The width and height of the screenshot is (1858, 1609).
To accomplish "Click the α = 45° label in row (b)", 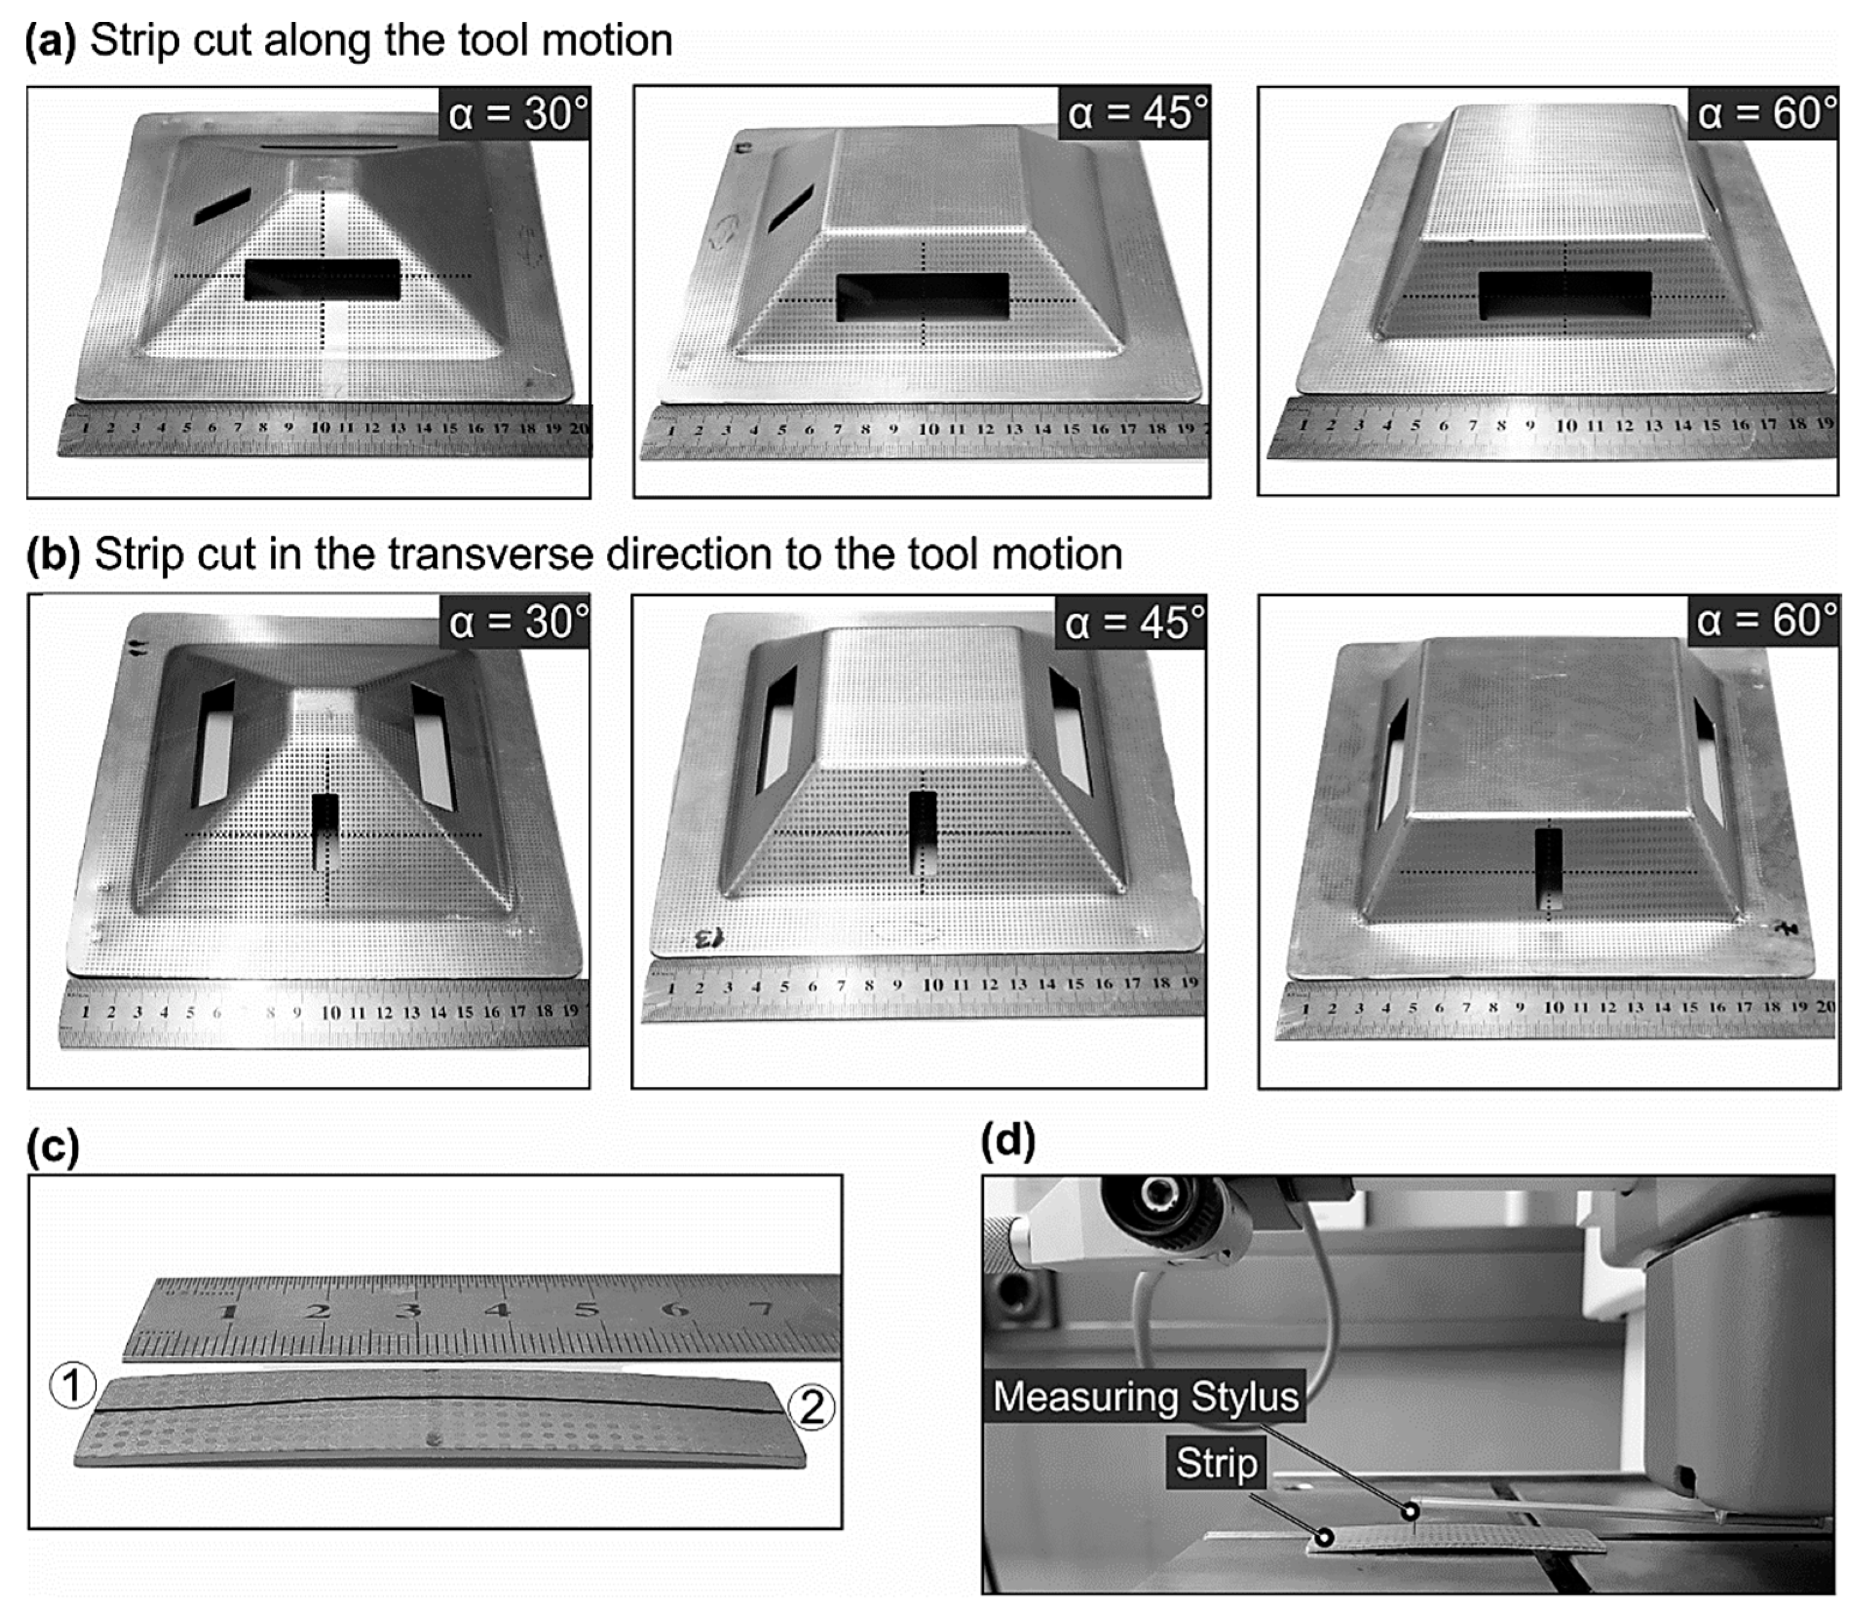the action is [1133, 621].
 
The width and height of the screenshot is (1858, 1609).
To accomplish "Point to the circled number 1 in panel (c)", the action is [73, 1385].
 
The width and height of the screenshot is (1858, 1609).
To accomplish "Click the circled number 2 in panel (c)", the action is [812, 1407].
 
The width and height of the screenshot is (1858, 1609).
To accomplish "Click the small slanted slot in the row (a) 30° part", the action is [222, 206].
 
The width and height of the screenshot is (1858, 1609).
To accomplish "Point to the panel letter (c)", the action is [53, 1147].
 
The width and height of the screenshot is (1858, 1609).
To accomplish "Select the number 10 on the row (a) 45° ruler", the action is [929, 429].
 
